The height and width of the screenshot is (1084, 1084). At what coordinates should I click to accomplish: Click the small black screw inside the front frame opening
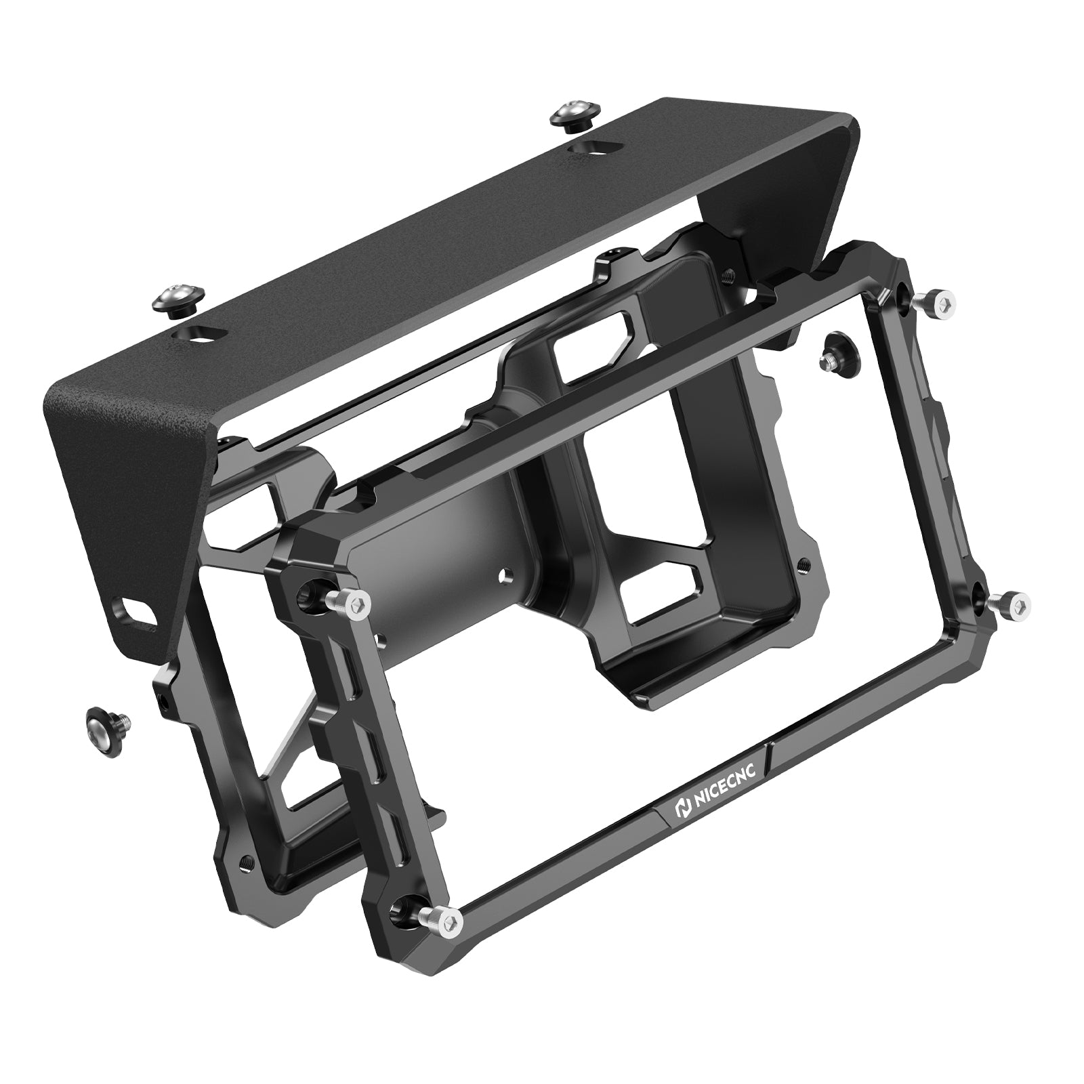click(x=838, y=350)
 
